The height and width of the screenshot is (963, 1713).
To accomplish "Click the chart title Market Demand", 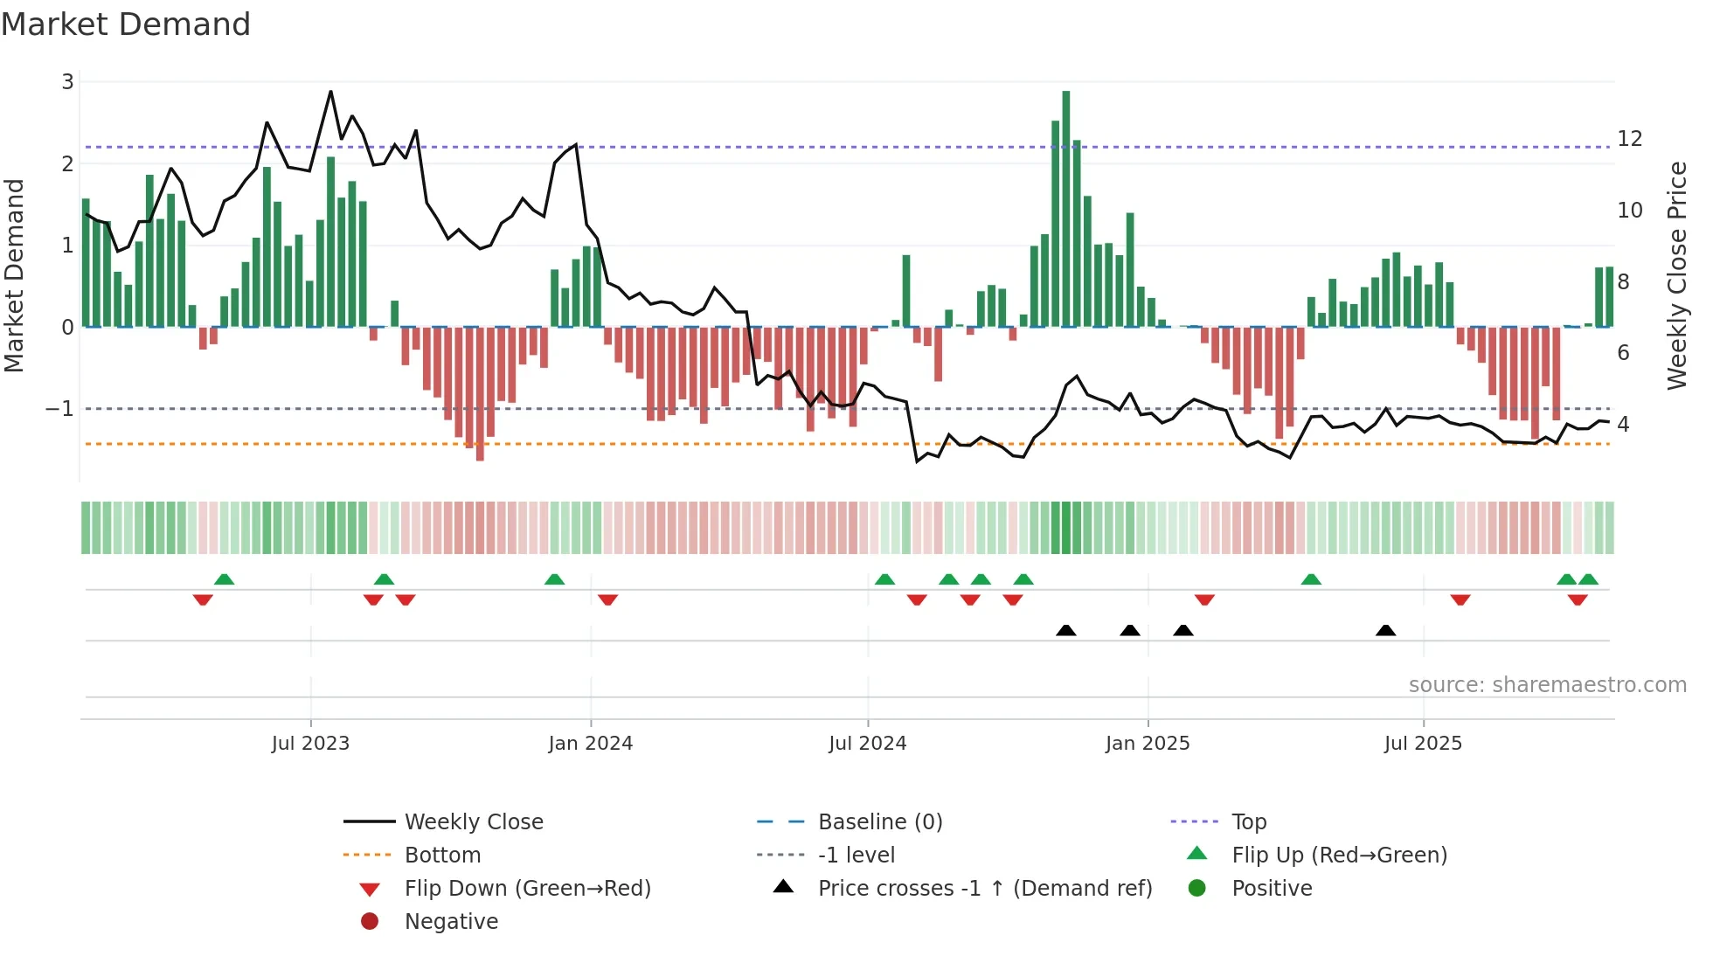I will pyautogui.click(x=126, y=24).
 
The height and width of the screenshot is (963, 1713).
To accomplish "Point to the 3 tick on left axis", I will pyautogui.click(x=67, y=82).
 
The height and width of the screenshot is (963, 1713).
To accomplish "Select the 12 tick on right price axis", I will pyautogui.click(x=1629, y=139).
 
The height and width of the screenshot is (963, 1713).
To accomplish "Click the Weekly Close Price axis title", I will pyautogui.click(x=1676, y=275).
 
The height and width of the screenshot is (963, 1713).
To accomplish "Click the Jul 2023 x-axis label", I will pyautogui.click(x=310, y=744).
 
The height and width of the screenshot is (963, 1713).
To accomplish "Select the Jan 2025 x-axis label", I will pyautogui.click(x=1147, y=744).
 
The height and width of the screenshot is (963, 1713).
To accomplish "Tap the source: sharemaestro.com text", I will pyautogui.click(x=1547, y=685).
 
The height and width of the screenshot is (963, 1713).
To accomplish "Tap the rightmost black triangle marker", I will pyautogui.click(x=1385, y=630).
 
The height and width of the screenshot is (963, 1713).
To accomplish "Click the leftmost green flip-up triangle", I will pyautogui.click(x=224, y=579).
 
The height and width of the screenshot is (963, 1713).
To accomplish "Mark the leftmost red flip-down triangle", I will pyautogui.click(x=203, y=599).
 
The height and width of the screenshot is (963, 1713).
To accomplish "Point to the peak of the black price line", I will pyautogui.click(x=330, y=92).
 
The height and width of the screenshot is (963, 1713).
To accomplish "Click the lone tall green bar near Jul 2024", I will pyautogui.click(x=906, y=291).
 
